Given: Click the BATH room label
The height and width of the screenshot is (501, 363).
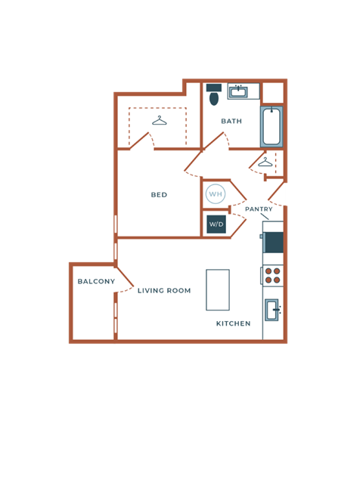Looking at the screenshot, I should [231, 121].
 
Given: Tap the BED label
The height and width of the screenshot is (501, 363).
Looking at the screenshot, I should [159, 195].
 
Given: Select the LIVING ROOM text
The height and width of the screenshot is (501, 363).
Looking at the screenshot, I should [164, 290].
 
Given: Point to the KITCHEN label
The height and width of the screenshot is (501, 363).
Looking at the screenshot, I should [233, 323].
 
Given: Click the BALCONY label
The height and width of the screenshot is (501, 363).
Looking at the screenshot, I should [96, 282].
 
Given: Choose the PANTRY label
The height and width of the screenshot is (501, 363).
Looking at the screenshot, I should [259, 209].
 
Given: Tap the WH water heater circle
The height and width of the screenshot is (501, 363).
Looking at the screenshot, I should [216, 194].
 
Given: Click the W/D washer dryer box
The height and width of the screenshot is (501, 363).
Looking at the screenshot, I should [216, 224].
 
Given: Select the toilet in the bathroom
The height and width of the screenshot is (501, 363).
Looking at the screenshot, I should [213, 95].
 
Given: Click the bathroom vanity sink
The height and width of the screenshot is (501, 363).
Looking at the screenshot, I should [239, 92].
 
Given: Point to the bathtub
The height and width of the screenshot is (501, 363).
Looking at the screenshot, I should [271, 126].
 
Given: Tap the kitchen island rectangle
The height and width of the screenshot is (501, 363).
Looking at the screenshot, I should [218, 289].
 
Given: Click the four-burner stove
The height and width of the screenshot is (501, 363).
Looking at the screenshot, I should [272, 275].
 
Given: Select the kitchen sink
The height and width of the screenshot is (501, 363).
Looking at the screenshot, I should [273, 310].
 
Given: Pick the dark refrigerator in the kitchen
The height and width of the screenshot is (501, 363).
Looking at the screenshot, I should [273, 243].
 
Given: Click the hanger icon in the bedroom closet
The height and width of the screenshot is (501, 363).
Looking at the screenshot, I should [159, 121].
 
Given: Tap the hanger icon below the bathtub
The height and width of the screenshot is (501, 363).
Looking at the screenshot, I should [265, 162].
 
